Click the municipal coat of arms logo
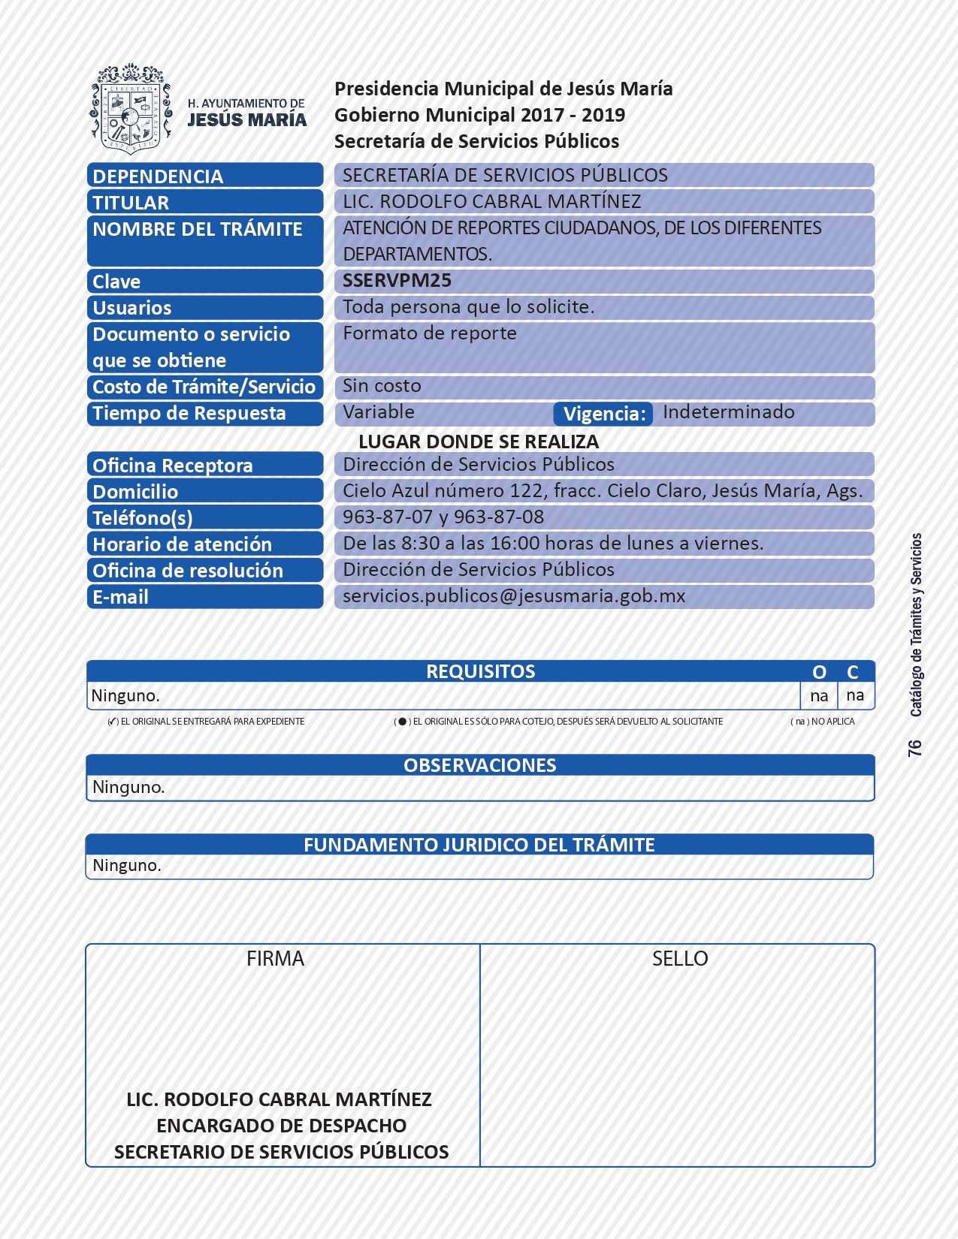pyautogui.click(x=131, y=109)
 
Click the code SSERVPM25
pyautogui.click(x=397, y=281)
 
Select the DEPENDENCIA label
pyautogui.click(x=158, y=176)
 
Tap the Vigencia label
pyautogui.click(x=603, y=414)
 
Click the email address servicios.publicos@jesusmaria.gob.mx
pyautogui.click(x=514, y=596)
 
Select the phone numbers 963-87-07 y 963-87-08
pyautogui.click(x=443, y=517)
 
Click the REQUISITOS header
pyautogui.click(x=480, y=671)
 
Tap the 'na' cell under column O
pyautogui.click(x=819, y=696)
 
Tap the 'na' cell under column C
pyautogui.click(x=855, y=696)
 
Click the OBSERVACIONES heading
pyautogui.click(x=480, y=765)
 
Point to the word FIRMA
pyautogui.click(x=275, y=959)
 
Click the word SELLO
pyautogui.click(x=680, y=959)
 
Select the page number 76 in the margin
pyautogui.click(x=914, y=748)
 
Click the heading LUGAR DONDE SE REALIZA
pyautogui.click(x=479, y=442)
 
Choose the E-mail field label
pyautogui.click(x=120, y=597)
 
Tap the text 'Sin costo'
pyautogui.click(x=382, y=386)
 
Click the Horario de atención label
pyautogui.click(x=182, y=544)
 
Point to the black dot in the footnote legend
pyautogui.click(x=403, y=722)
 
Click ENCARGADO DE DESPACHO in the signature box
pyautogui.click(x=282, y=1126)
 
